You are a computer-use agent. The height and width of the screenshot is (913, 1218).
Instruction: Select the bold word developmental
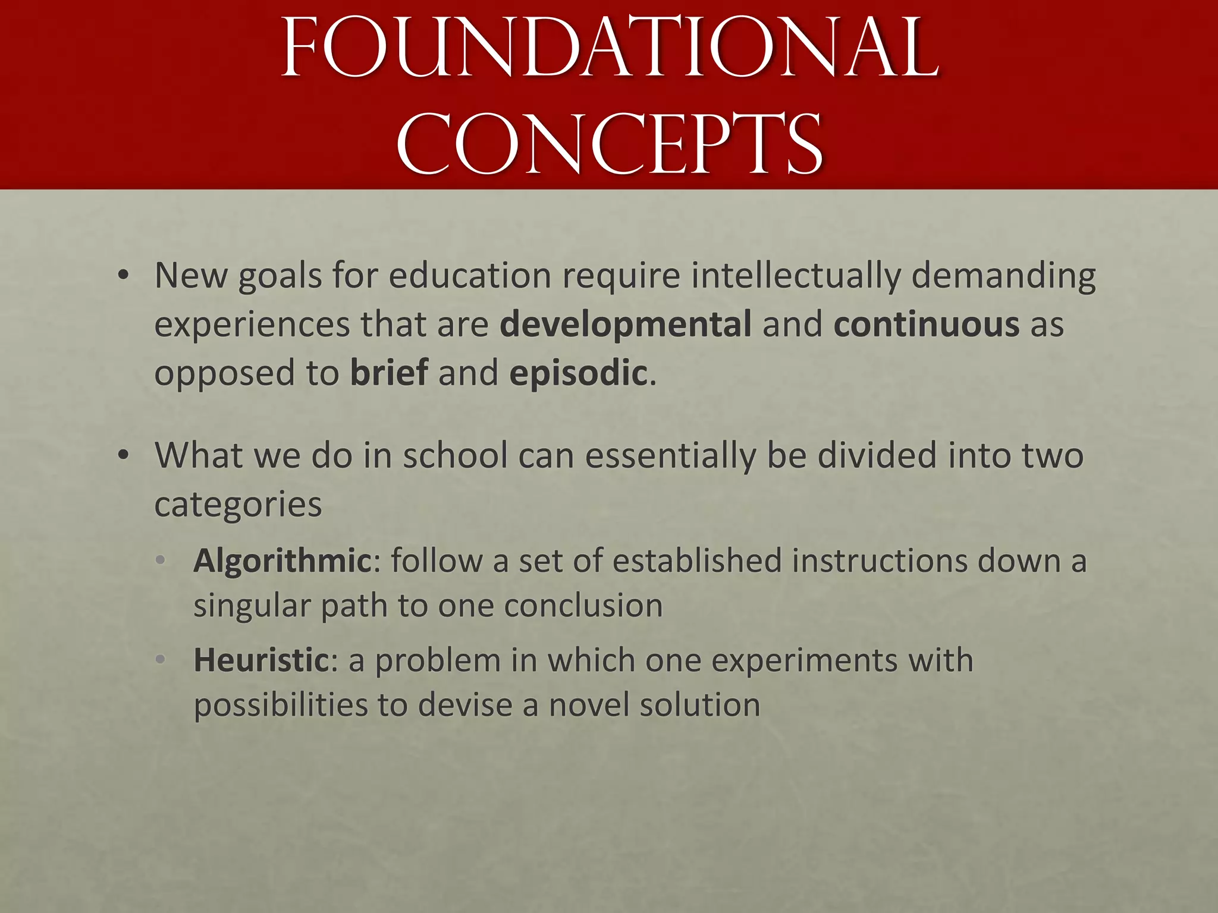pos(626,324)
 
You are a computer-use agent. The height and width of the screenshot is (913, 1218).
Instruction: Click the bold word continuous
pos(927,324)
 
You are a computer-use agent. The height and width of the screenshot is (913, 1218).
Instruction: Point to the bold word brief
pos(389,373)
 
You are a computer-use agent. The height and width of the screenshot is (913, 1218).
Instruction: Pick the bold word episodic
pos(578,373)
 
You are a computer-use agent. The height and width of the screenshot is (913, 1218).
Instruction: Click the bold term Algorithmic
pos(282,561)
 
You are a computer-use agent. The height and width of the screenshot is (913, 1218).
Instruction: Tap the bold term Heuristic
pos(261,660)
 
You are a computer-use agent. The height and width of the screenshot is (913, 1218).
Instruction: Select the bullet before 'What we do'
pos(123,455)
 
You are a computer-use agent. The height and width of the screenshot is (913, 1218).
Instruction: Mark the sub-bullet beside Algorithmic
pos(159,561)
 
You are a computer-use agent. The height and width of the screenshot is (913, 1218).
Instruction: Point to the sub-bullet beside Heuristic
pos(159,660)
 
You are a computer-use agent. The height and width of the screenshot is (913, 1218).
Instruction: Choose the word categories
pos(238,505)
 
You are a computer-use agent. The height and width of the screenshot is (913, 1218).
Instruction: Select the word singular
pos(252,606)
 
